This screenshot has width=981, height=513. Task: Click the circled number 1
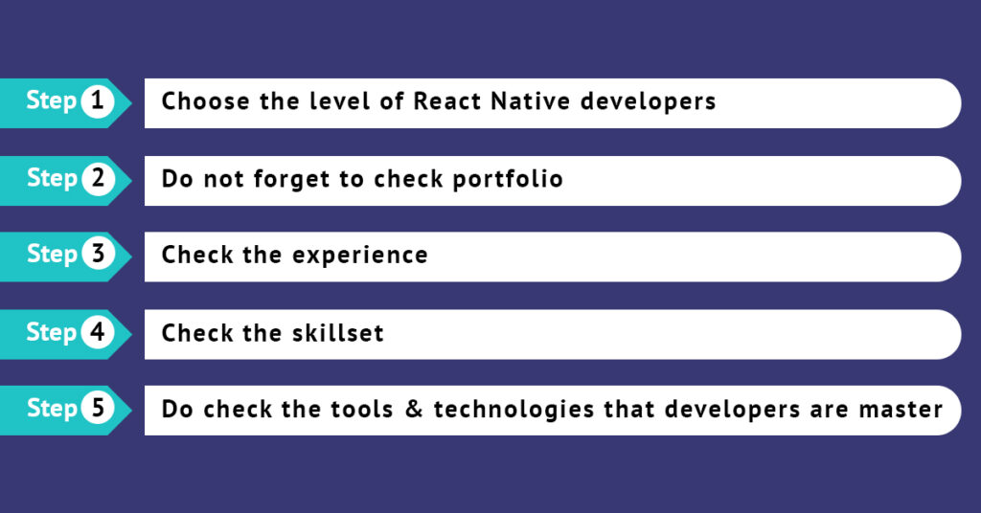pos(98,101)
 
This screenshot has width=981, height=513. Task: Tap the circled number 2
pos(98,179)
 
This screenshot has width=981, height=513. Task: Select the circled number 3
pos(98,255)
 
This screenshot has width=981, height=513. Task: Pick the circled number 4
pos(98,332)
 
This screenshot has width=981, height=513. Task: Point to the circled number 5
pos(98,409)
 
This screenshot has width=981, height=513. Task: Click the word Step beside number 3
pos(52,255)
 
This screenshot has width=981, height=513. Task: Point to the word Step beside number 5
pos(52,409)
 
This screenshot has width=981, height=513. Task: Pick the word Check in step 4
pos(195,332)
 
